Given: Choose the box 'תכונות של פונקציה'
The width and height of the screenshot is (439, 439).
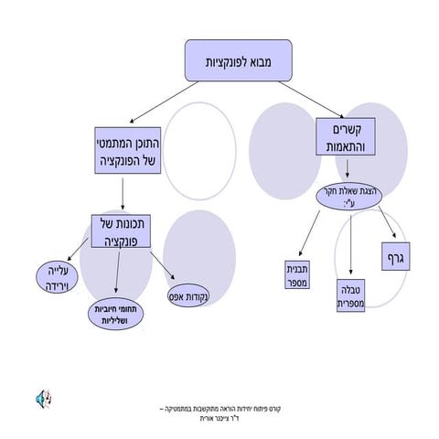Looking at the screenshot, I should point(123,234).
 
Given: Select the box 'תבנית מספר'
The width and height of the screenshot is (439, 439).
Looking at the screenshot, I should point(298,275).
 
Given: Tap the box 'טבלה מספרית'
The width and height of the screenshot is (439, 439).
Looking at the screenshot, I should point(351,293).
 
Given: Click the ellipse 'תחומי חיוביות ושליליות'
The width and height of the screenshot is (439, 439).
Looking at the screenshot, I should point(118,315).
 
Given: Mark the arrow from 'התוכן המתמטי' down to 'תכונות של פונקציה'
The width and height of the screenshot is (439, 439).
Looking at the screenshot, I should point(123,193).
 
